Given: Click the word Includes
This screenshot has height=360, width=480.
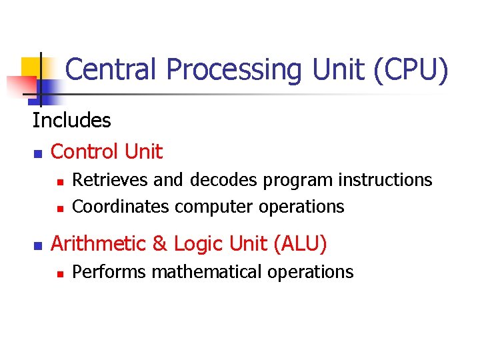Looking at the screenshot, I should tap(71, 121).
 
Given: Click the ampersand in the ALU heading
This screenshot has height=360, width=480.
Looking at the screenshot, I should tap(159, 244).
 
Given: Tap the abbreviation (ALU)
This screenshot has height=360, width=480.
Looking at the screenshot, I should tap(300, 244).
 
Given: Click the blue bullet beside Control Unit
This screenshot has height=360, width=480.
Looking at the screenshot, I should tap(37, 154).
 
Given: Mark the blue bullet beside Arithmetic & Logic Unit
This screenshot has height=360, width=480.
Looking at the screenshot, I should tap(37, 246).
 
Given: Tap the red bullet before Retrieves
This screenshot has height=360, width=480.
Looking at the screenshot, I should tap(59, 181).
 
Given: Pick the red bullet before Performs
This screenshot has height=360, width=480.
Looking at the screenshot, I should tap(59, 273).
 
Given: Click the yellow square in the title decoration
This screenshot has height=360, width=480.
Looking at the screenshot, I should tap(32, 67).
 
